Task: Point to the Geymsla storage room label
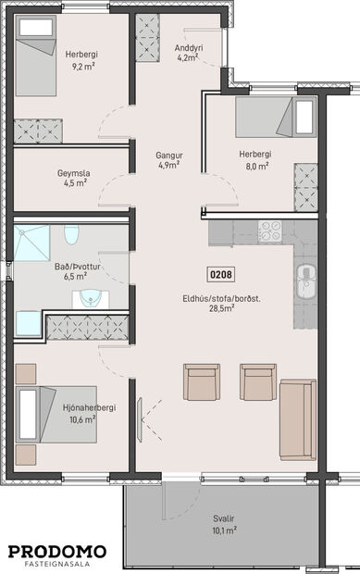tap(75, 177)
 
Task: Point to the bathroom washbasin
tap(91, 297)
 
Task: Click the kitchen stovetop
tap(270, 231)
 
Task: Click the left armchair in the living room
tap(200, 381)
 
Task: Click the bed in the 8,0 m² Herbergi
tap(276, 116)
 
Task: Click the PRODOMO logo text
tap(57, 551)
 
